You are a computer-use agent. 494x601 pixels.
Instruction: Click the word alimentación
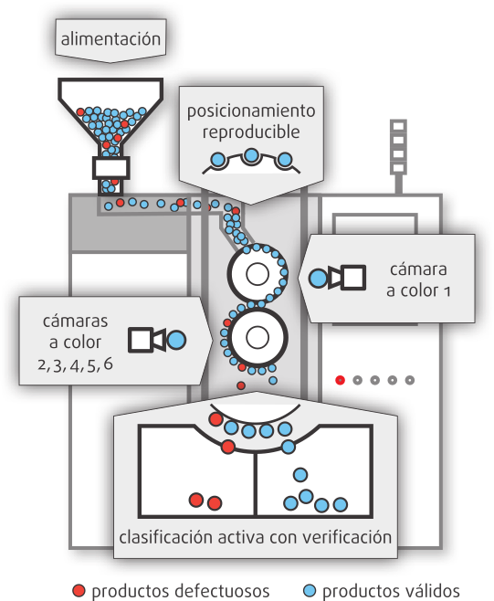110,39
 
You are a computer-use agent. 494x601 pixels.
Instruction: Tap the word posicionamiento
251,111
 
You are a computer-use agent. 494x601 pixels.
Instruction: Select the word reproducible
251,132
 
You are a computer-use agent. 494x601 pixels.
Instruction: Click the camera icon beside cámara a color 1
347,277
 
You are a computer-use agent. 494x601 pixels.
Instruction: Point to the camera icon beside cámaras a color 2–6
147,340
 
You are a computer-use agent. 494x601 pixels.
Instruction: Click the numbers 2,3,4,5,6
75,364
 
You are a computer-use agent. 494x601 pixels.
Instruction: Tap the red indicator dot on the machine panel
340,380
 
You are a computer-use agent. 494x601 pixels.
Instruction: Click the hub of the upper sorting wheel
258,274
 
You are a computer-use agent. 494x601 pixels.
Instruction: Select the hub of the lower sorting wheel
258,337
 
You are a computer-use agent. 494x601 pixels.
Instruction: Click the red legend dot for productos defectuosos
79,591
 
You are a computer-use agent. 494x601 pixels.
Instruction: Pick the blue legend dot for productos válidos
310,591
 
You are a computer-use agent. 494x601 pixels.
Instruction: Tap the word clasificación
166,537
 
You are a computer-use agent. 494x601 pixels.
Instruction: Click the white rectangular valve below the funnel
110,168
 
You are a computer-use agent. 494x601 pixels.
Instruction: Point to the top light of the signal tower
398,126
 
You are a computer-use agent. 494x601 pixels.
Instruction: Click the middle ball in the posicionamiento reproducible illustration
251,155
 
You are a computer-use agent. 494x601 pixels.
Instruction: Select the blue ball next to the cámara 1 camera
318,278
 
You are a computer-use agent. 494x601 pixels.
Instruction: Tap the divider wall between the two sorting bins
255,484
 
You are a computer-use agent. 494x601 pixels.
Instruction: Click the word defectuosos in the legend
221,591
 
